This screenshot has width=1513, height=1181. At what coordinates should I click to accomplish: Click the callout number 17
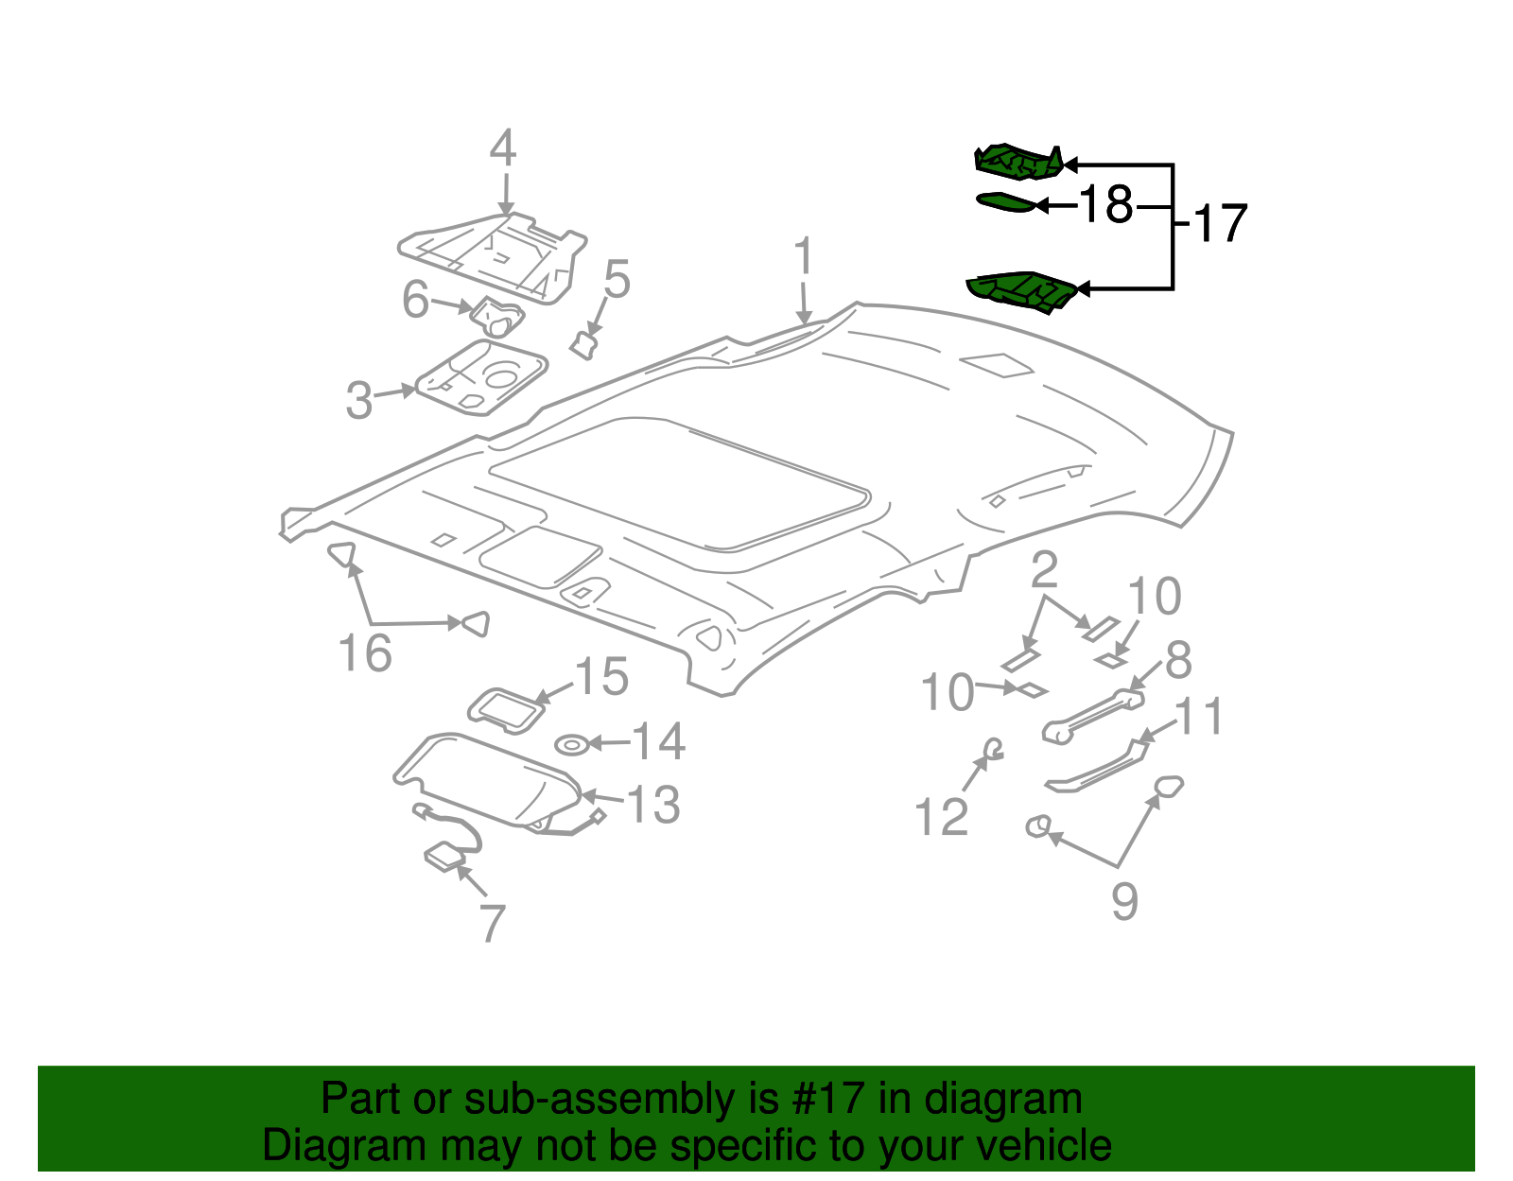pyautogui.click(x=1221, y=224)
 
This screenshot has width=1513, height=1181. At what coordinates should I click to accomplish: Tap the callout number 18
pyautogui.click(x=1105, y=204)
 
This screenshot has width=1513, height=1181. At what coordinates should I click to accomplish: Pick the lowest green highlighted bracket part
pyautogui.click(x=1021, y=290)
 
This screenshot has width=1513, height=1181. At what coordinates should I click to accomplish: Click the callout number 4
pyautogui.click(x=503, y=149)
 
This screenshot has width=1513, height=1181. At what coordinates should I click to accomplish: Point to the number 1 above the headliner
pyautogui.click(x=803, y=257)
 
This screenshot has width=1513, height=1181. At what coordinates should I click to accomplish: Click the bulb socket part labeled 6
pyautogui.click(x=497, y=317)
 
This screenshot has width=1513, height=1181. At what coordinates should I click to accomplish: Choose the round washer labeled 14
pyautogui.click(x=571, y=745)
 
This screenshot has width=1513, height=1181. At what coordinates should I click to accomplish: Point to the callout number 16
pyautogui.click(x=365, y=653)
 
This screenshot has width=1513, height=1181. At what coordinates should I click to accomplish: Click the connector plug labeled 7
pyautogui.click(x=443, y=858)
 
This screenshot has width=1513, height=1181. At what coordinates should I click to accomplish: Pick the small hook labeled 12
pyautogui.click(x=992, y=749)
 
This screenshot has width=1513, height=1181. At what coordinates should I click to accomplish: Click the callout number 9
pyautogui.click(x=1123, y=901)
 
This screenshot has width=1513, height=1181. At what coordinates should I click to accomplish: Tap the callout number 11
pyautogui.click(x=1199, y=717)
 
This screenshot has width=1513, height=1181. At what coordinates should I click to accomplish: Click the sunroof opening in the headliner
pyautogui.click(x=678, y=482)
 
